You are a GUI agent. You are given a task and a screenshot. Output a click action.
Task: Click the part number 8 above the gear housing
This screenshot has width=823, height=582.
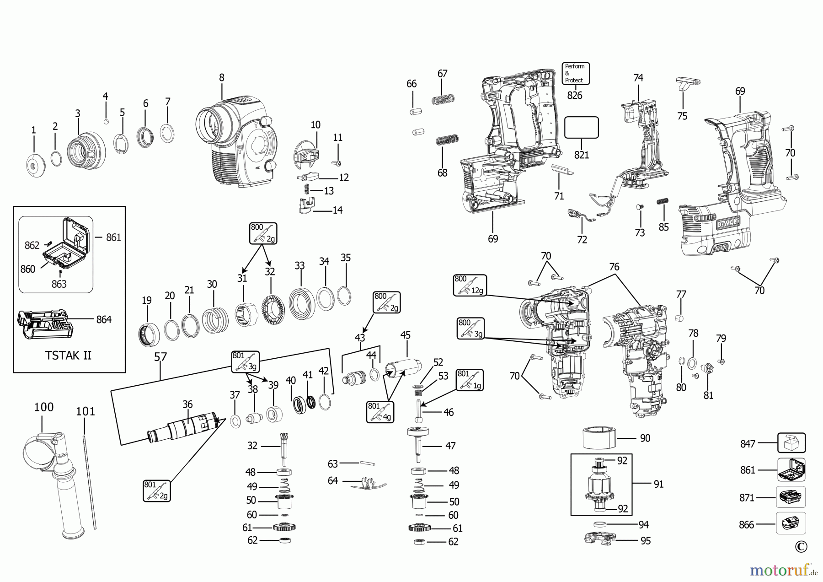[222, 77]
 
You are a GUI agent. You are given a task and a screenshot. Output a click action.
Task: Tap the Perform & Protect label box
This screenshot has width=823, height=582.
[575, 73]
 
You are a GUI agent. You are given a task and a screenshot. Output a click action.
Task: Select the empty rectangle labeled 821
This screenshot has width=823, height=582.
[581, 127]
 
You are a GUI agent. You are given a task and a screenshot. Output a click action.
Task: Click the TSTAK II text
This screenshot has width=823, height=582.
[69, 355]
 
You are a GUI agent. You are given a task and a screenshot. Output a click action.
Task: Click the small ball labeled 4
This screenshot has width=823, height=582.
[106, 122]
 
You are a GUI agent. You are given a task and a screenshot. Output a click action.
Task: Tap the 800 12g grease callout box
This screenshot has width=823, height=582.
[470, 285]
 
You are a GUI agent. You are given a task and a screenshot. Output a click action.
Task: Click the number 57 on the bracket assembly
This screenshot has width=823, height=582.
[160, 357]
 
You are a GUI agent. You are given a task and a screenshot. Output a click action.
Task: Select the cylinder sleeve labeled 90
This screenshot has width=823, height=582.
[599, 438]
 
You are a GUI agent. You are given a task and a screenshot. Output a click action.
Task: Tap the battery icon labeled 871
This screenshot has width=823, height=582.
[791, 497]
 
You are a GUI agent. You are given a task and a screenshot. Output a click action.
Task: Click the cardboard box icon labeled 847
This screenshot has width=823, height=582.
[791, 443]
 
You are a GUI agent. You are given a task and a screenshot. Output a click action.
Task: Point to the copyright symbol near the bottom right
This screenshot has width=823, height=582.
[801, 546]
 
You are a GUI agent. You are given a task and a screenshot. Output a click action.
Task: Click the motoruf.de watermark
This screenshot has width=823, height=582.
[783, 570]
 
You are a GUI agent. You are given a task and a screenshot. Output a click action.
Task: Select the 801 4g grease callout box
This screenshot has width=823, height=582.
[379, 412]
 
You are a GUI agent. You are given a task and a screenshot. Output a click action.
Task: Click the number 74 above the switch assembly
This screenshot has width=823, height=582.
[638, 78]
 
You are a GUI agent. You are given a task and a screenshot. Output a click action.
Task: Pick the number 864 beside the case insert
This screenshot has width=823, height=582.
[104, 319]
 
